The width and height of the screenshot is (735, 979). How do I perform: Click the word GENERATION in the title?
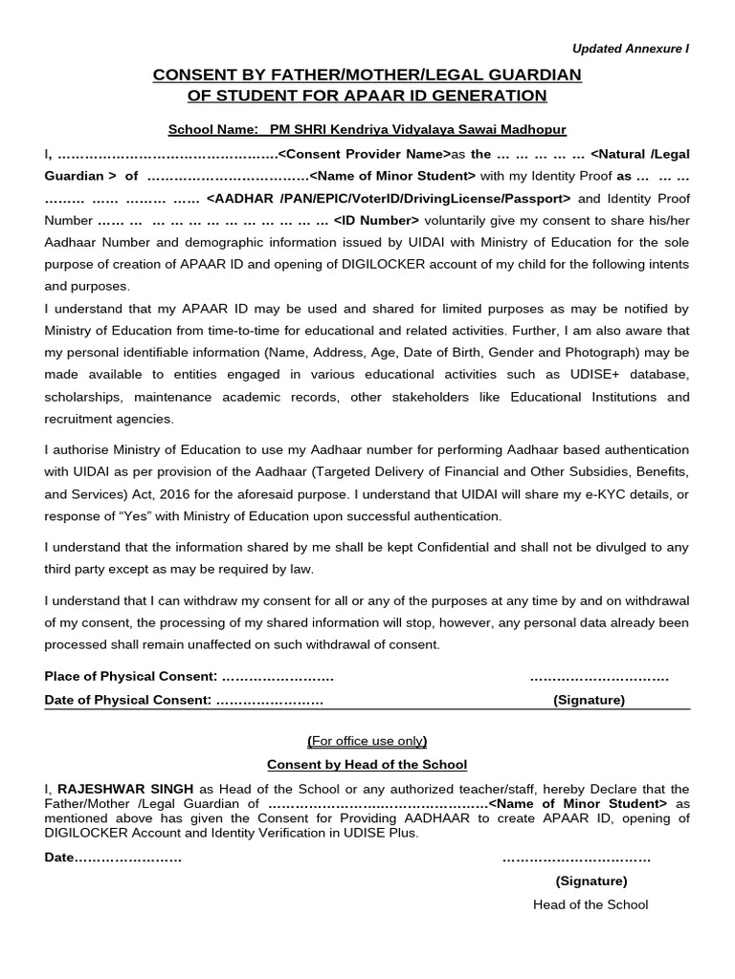pos(490,96)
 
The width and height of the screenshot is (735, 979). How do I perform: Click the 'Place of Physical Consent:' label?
pos(130,677)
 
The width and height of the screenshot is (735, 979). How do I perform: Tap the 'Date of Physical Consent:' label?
pos(127,700)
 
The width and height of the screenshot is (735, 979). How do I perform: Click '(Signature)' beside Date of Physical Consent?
pos(589,700)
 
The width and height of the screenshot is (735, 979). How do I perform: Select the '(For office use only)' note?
pos(367,741)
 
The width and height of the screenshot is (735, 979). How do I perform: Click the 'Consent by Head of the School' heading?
pos(367,764)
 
